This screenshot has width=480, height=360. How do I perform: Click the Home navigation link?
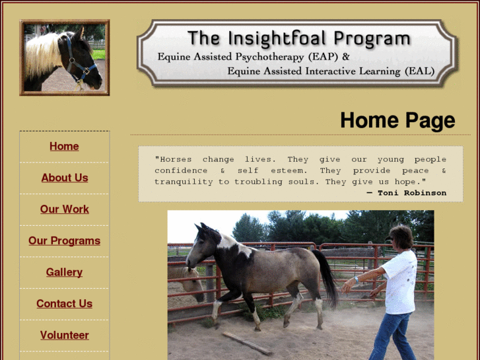point(64,147)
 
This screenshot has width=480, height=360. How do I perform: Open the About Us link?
point(64,178)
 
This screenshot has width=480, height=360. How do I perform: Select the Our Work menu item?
point(64,209)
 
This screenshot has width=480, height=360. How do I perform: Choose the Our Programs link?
point(64,241)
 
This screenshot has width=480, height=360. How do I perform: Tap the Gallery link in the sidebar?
point(64,272)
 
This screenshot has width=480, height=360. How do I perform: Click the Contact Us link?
point(64,304)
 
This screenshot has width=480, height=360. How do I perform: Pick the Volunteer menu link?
point(64,336)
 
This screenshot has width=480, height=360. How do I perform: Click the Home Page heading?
point(397,120)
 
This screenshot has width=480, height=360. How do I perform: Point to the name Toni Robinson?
point(411,193)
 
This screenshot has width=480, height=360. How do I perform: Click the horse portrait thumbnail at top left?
point(64,57)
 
